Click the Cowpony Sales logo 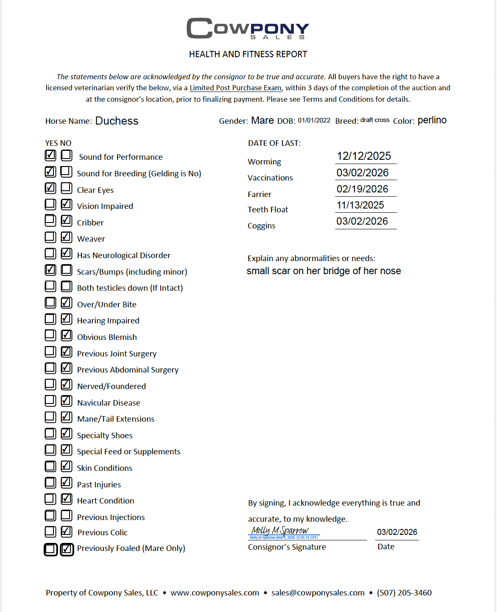248,28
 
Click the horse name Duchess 117,121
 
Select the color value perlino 432,120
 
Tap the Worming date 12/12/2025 364,156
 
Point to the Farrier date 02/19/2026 362,189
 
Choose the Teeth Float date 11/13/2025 360,205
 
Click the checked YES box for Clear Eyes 50,188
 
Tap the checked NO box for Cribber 66,220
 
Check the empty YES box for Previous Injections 50,515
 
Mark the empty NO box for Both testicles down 66,286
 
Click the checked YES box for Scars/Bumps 50,270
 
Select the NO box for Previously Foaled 67,549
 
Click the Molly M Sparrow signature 280,531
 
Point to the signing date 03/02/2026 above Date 397,532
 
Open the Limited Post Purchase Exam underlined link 235,88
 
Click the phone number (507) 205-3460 404,593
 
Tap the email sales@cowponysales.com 318,593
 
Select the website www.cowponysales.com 215,593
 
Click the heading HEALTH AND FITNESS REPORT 248,54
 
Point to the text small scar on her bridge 324,271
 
